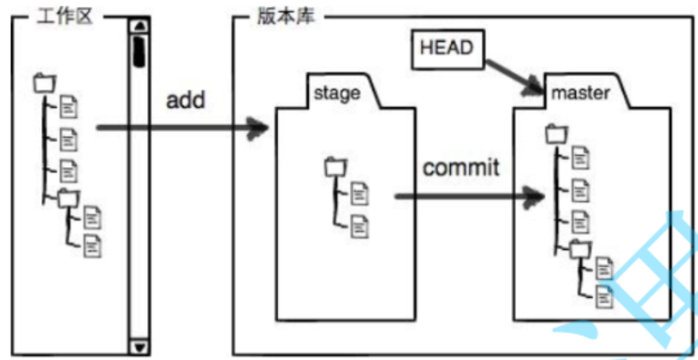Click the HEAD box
(x=446, y=48)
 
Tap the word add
(x=185, y=100)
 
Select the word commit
(x=460, y=166)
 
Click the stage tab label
(x=337, y=92)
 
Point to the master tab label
(x=581, y=92)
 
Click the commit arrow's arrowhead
(x=534, y=197)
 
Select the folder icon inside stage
(x=334, y=167)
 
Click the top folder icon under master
(x=556, y=133)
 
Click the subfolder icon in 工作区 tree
(x=67, y=197)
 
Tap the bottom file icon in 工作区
(x=91, y=245)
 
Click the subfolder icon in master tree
(x=580, y=248)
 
